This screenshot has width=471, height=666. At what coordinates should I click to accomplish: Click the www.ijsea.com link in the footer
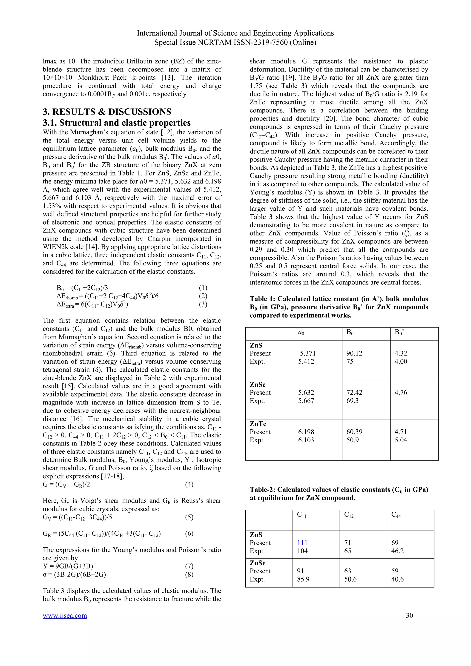point(65,615)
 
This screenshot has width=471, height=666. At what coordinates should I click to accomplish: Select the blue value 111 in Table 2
point(302,543)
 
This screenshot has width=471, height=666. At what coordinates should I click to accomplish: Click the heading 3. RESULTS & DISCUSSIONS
point(107,112)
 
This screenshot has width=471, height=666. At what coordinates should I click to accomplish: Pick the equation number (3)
point(203,304)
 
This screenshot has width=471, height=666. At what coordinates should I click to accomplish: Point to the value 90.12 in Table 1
point(354,353)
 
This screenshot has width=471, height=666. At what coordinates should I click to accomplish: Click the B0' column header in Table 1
point(399,332)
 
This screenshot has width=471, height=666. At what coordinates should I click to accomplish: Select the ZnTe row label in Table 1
point(258,424)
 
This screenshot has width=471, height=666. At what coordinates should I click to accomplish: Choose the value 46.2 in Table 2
point(397,551)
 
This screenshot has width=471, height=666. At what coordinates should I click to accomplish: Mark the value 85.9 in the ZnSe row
point(303,579)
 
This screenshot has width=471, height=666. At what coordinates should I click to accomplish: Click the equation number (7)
point(189,566)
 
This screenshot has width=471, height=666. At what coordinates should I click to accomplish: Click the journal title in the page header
point(235,33)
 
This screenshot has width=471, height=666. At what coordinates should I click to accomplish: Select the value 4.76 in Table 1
point(401,393)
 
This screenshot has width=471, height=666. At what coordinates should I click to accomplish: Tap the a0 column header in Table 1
point(301,332)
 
